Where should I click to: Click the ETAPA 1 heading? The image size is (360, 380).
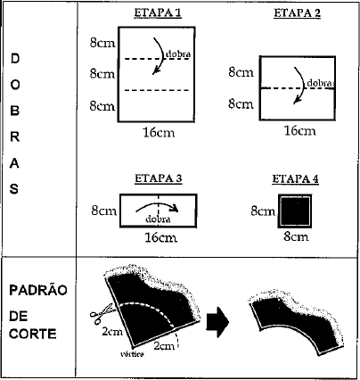click(158, 13)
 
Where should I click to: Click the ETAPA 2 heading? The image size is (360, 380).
click(297, 13)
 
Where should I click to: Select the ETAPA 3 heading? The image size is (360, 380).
click(159, 178)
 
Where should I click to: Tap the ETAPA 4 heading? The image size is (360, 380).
click(296, 179)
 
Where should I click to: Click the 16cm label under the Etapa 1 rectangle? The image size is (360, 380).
click(159, 133)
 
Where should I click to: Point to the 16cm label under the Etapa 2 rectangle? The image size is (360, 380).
click(299, 131)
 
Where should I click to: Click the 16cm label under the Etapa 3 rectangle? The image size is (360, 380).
click(160, 237)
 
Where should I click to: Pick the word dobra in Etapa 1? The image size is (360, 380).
click(178, 54)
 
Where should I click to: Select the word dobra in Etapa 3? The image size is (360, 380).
click(158, 219)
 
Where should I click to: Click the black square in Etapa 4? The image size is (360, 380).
click(295, 211)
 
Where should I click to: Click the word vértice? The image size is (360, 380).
click(132, 354)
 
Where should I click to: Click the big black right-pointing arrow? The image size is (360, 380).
click(217, 322)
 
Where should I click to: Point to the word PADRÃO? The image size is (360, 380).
click(38, 291)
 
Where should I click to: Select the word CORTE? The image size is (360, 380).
click(33, 334)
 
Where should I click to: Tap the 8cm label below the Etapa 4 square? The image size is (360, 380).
click(296, 236)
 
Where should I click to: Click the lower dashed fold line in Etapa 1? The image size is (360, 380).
click(157, 90)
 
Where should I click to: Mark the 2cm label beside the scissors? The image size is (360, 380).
click(112, 332)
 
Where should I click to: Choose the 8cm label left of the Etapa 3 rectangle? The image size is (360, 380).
click(103, 211)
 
